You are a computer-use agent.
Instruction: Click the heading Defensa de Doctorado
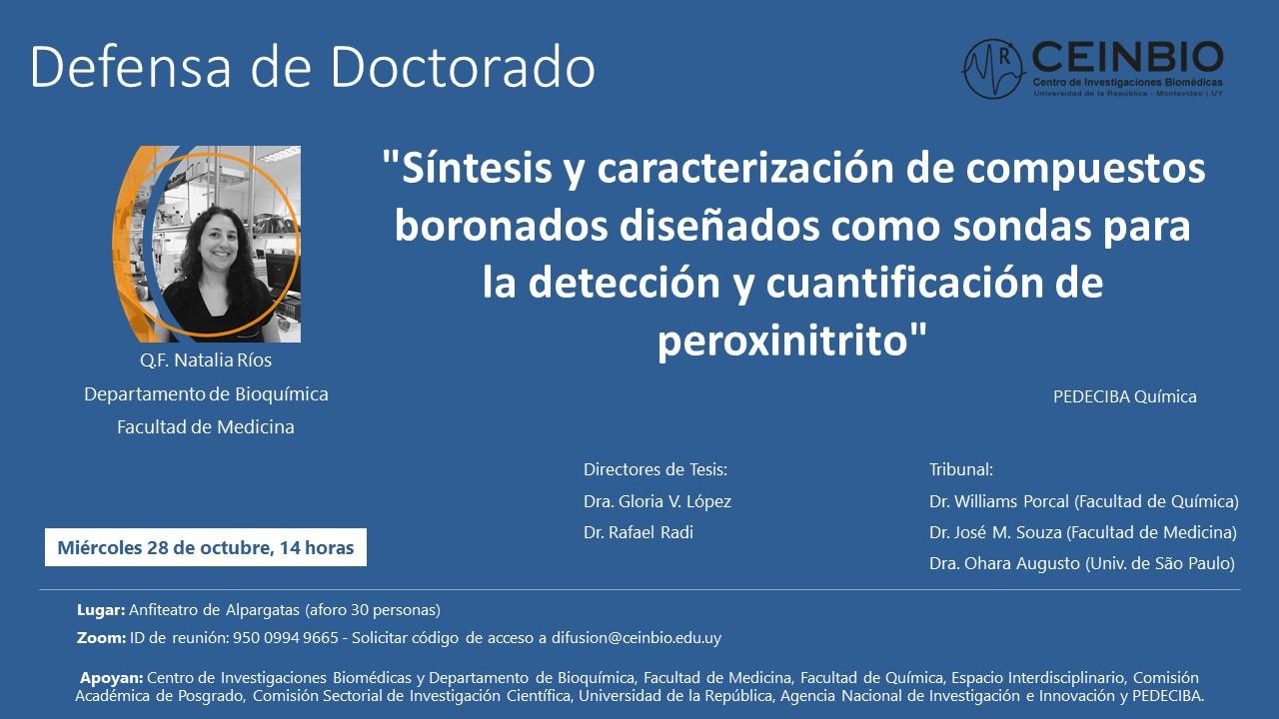click(x=313, y=67)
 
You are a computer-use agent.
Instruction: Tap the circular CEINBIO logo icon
click(x=993, y=69)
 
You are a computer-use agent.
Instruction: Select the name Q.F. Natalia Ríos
click(x=206, y=360)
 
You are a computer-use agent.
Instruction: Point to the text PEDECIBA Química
click(x=1124, y=396)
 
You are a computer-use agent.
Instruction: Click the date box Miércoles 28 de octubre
click(x=205, y=547)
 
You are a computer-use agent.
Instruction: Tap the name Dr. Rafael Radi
click(x=639, y=532)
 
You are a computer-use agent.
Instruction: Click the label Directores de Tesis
click(x=655, y=469)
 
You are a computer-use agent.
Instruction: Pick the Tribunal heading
click(x=961, y=469)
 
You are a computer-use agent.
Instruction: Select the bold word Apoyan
click(x=109, y=678)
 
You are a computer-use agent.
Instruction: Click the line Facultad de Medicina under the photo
click(x=206, y=426)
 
